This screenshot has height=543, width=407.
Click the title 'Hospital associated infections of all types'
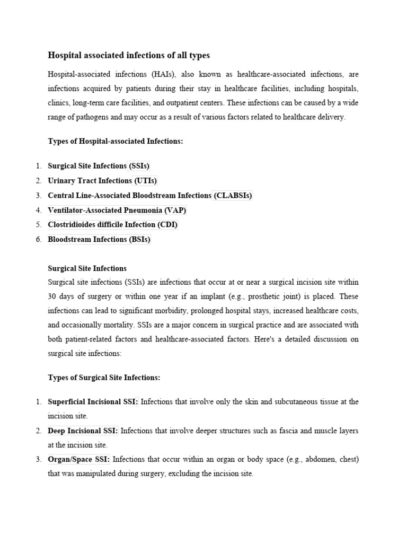coord(129,55)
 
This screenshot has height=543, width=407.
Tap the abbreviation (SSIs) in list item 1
coord(138,166)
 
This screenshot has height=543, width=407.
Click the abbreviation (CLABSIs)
coord(232,196)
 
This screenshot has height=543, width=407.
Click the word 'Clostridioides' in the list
coord(73,225)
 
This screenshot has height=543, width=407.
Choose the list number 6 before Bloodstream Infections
coord(39,239)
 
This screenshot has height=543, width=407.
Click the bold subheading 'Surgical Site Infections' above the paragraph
coord(87,268)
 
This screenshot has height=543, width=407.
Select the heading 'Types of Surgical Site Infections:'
coord(104,378)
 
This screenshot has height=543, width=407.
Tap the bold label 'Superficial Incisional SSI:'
coord(93,402)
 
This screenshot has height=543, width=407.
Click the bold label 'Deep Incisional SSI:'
coord(83,431)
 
